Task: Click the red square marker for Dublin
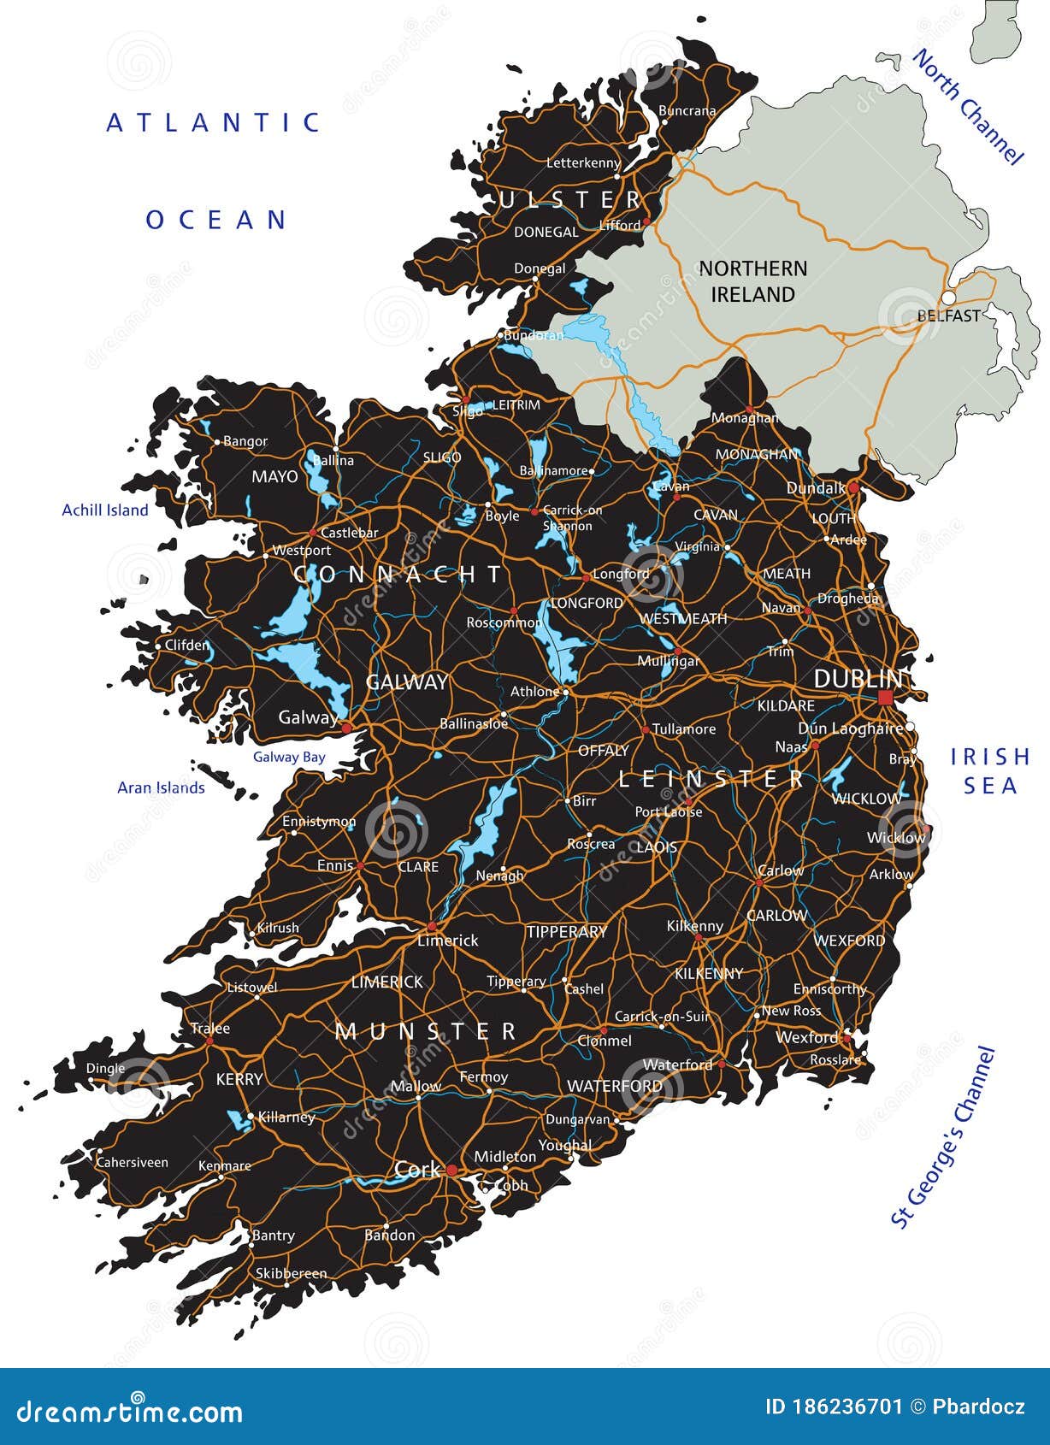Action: (885, 699)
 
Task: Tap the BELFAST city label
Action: (948, 316)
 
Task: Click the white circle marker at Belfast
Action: (948, 298)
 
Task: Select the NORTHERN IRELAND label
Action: (752, 281)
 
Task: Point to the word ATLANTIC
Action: (214, 123)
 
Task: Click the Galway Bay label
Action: (289, 757)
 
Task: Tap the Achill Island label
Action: (105, 510)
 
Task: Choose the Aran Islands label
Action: (161, 787)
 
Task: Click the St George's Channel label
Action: (944, 1137)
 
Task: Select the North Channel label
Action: (968, 107)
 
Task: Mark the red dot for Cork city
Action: (451, 1171)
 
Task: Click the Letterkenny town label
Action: (583, 162)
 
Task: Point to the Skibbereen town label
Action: (291, 1273)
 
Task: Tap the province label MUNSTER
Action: (426, 1031)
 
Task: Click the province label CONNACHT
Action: (398, 575)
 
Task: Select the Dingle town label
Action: (105, 1068)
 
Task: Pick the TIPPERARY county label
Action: (566, 932)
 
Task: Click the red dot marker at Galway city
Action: (346, 728)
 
